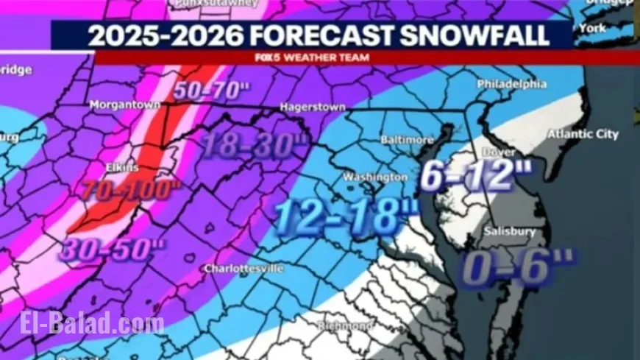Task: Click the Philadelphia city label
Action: click(x=512, y=84)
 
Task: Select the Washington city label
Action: click(x=376, y=177)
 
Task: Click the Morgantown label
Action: click(x=124, y=105)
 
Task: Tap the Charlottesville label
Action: click(x=243, y=269)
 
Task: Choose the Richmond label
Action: click(x=345, y=325)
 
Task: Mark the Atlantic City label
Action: click(x=583, y=135)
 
